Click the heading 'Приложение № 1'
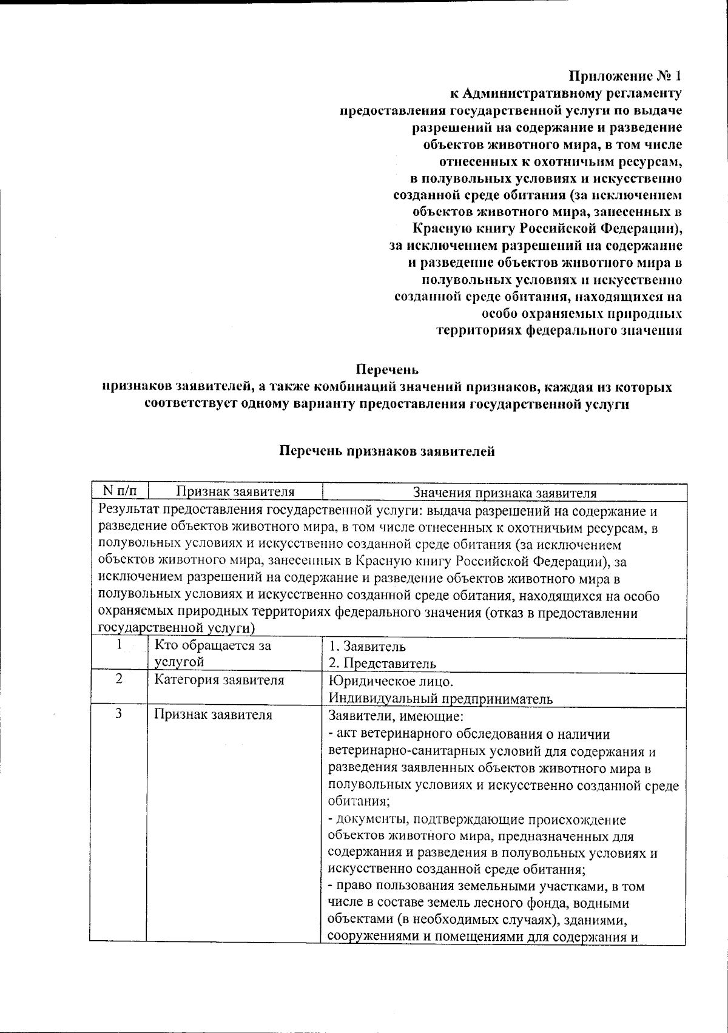(x=625, y=76)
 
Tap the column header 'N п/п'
(x=118, y=492)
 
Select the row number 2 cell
(x=119, y=679)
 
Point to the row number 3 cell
(x=119, y=714)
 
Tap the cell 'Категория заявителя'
(x=219, y=680)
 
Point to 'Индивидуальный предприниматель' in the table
(x=440, y=698)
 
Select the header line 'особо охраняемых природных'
(x=581, y=314)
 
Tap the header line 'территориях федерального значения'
(x=559, y=331)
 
